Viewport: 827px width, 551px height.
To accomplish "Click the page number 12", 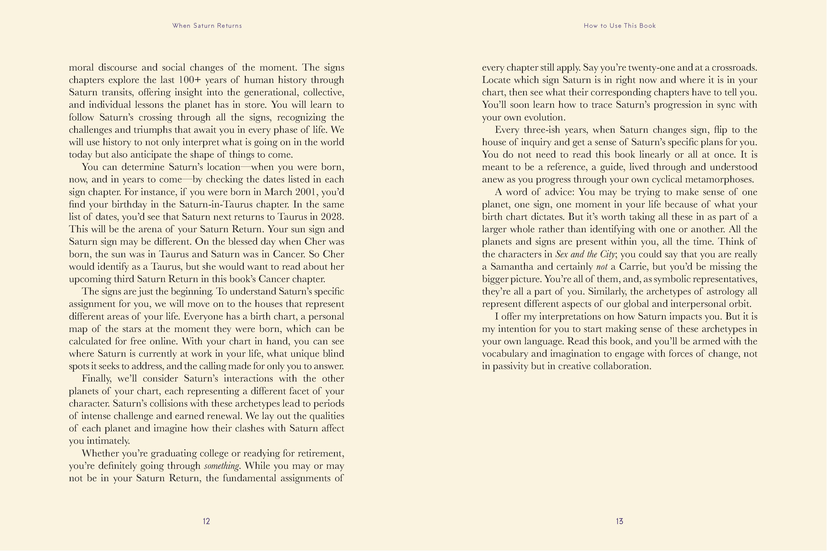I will pyautogui.click(x=206, y=521).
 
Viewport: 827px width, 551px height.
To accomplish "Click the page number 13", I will pyautogui.click(x=620, y=521).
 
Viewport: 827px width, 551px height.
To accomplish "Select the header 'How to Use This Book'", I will pyautogui.click(x=620, y=26).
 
